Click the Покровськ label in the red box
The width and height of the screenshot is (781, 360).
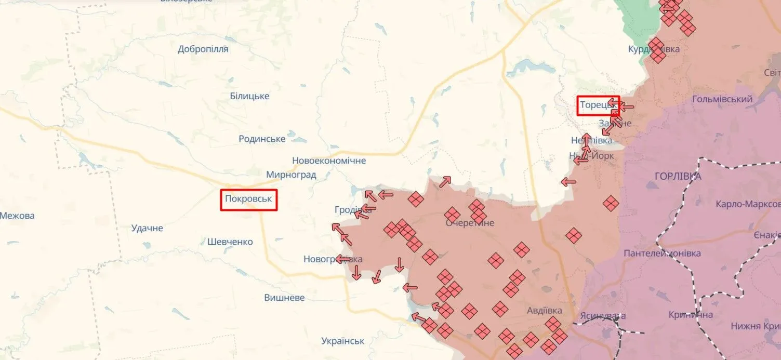(x=248, y=199)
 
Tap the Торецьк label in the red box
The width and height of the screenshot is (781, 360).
(x=598, y=105)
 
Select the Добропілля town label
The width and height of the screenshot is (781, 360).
(x=203, y=49)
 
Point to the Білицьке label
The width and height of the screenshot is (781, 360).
(x=249, y=96)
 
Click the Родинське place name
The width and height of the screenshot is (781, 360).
(x=262, y=139)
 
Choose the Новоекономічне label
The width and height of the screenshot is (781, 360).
(x=328, y=161)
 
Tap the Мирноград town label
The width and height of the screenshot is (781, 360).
(x=291, y=175)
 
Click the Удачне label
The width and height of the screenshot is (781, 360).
(x=147, y=228)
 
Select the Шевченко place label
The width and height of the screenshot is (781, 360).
(x=230, y=242)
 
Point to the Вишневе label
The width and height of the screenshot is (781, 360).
(x=284, y=298)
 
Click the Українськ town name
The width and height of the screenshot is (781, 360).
(x=342, y=341)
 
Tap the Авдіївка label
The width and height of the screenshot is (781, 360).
(x=544, y=311)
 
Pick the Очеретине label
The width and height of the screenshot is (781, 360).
(x=470, y=223)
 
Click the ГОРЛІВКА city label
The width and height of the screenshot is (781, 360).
(x=674, y=176)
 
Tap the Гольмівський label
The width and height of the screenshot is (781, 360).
(x=722, y=99)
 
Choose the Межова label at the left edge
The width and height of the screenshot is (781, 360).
(x=17, y=216)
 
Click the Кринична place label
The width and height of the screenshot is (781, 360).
(x=691, y=315)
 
